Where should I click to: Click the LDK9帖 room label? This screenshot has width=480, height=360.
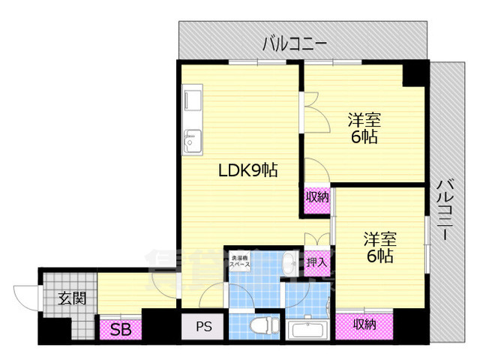click(x=247, y=170)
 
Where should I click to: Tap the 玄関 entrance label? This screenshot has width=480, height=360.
click(x=73, y=298)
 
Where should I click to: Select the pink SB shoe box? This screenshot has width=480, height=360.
click(x=119, y=328)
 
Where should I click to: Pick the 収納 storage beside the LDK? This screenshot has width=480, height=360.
click(x=316, y=197)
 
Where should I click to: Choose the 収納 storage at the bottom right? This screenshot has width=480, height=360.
click(x=364, y=324)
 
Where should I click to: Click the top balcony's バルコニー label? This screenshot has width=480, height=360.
click(x=294, y=44)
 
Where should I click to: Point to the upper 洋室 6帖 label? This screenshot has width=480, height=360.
click(x=364, y=127)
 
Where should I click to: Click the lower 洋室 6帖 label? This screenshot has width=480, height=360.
click(x=379, y=247)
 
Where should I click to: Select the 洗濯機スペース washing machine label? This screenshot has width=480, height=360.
click(x=239, y=263)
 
